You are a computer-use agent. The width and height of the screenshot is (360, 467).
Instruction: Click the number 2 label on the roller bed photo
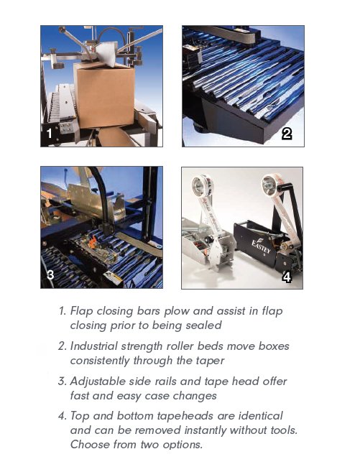click(286, 133)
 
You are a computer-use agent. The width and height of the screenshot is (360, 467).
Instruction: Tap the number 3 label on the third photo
click(50, 274)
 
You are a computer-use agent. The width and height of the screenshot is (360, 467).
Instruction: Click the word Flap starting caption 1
click(83, 311)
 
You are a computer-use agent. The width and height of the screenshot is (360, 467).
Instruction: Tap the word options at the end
click(183, 444)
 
